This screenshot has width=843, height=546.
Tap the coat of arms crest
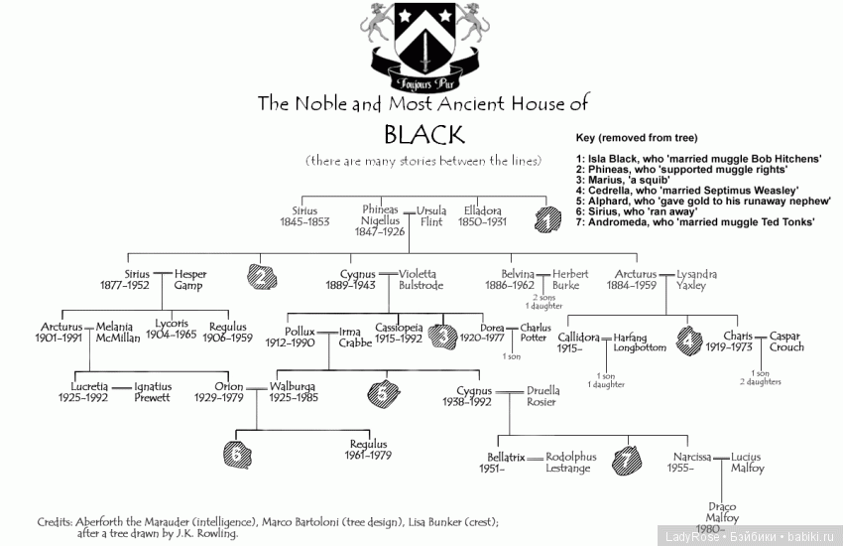pyautogui.click(x=422, y=45)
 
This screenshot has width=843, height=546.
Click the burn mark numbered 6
pyautogui.click(x=237, y=454)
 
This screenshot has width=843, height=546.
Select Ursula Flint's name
pyautogui.click(x=431, y=215)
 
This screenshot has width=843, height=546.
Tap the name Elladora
pyautogui.click(x=482, y=210)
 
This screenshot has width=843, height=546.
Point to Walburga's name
pyautogui.click(x=295, y=386)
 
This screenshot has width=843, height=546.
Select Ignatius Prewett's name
pyautogui.click(x=153, y=392)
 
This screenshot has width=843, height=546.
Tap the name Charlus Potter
pyautogui.click(x=536, y=333)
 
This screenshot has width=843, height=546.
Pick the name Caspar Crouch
pyautogui.click(x=784, y=341)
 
